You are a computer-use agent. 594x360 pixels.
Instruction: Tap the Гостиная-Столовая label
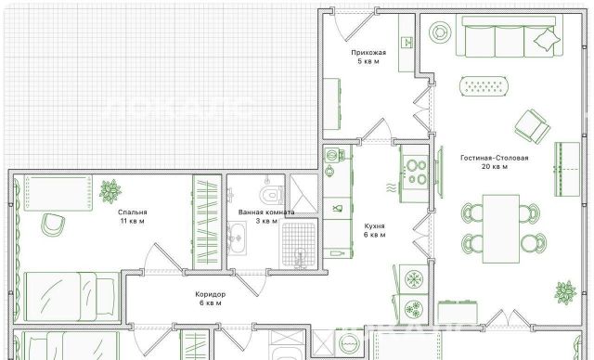click(x=495, y=158)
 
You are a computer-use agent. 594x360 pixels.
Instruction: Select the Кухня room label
click(x=374, y=226)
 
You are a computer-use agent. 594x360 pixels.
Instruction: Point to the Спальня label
click(x=132, y=212)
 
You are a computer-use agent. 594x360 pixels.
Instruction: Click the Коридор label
click(x=211, y=294)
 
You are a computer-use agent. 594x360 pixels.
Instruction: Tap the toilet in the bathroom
click(x=272, y=195)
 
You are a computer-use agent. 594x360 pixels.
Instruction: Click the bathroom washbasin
click(x=238, y=238)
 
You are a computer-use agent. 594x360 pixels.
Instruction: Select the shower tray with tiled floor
click(x=299, y=245)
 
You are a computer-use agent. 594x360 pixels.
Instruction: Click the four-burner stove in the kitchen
click(x=415, y=173)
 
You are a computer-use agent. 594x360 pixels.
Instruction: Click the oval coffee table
click(x=484, y=86)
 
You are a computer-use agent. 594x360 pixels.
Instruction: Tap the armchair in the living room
click(x=532, y=126)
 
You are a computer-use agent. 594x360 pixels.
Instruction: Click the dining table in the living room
click(x=501, y=228)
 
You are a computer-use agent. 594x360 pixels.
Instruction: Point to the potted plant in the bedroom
click(x=110, y=191)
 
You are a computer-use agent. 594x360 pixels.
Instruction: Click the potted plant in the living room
click(x=565, y=292)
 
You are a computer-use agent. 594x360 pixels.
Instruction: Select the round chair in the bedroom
click(x=53, y=225)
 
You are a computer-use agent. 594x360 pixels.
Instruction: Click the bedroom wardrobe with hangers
click(x=207, y=222)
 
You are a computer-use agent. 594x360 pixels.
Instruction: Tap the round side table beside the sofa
click(x=440, y=32)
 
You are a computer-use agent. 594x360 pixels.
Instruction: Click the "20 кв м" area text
click(x=495, y=167)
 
